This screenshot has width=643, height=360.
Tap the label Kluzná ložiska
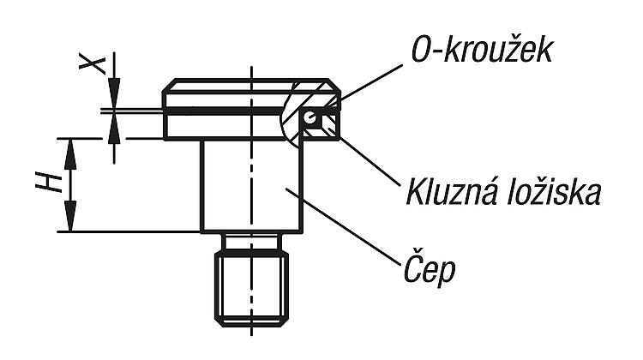pos(503,192)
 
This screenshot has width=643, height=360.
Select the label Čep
pos(430,269)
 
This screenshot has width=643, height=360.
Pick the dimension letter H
pos(49,183)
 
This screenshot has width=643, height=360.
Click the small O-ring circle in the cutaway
pos(310,117)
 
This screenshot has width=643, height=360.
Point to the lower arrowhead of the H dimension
pos(70,216)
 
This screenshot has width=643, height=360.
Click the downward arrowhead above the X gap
pos(114,93)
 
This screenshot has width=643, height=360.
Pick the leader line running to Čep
pos(343,226)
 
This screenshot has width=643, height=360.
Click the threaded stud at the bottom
pos(251,289)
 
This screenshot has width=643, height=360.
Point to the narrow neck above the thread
pos(251,242)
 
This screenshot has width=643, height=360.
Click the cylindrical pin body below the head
pos(251,186)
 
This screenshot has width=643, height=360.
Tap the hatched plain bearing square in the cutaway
pos(331,125)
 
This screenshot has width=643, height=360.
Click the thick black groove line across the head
pos(224,111)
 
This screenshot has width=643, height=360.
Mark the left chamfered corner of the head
pos(169,86)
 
